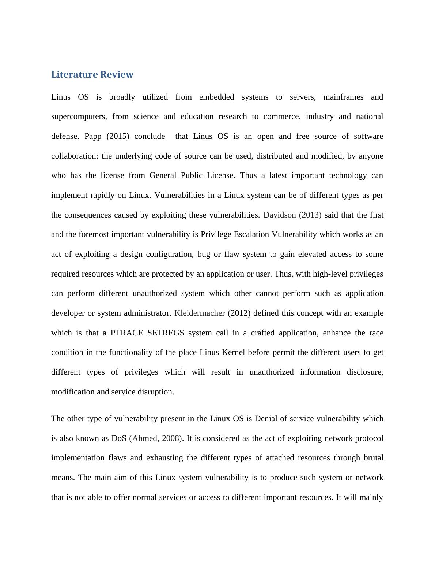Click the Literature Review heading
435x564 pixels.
coord(92,74)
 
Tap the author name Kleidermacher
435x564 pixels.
coord(199,313)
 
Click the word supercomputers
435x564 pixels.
coord(79,116)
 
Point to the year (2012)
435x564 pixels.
coord(239,313)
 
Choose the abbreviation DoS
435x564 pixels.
coord(119,438)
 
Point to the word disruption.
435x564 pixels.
coord(156,392)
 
